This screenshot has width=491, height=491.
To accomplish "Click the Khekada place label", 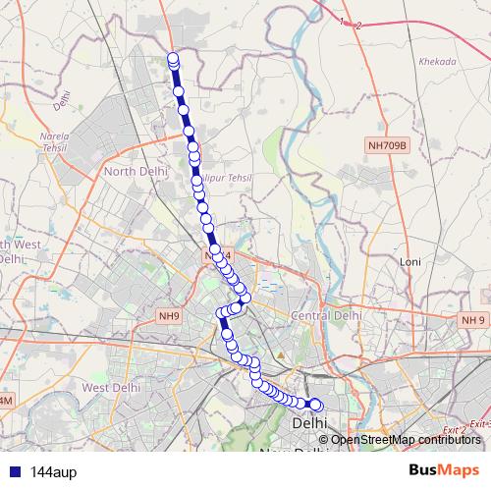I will pos(437,61).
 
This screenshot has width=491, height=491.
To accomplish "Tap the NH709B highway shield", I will pos(386,144).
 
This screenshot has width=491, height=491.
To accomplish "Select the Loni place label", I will pos(409,262).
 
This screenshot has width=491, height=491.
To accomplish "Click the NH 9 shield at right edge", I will pos(474,320).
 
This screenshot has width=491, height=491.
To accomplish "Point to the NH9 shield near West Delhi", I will pos(169,316).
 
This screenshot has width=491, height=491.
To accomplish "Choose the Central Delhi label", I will pos(327,316).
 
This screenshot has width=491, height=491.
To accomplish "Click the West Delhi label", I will pos(110,388).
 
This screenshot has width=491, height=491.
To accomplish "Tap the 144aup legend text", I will pos(53,471).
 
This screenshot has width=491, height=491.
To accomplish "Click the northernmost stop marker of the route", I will pos(173,58).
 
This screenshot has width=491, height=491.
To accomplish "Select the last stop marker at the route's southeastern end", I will pos(316,405).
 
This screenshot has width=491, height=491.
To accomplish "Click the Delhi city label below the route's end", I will pos(310,421).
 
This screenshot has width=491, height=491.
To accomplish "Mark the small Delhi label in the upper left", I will pos(64,98).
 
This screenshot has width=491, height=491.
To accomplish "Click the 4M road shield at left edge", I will pos(5,402).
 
